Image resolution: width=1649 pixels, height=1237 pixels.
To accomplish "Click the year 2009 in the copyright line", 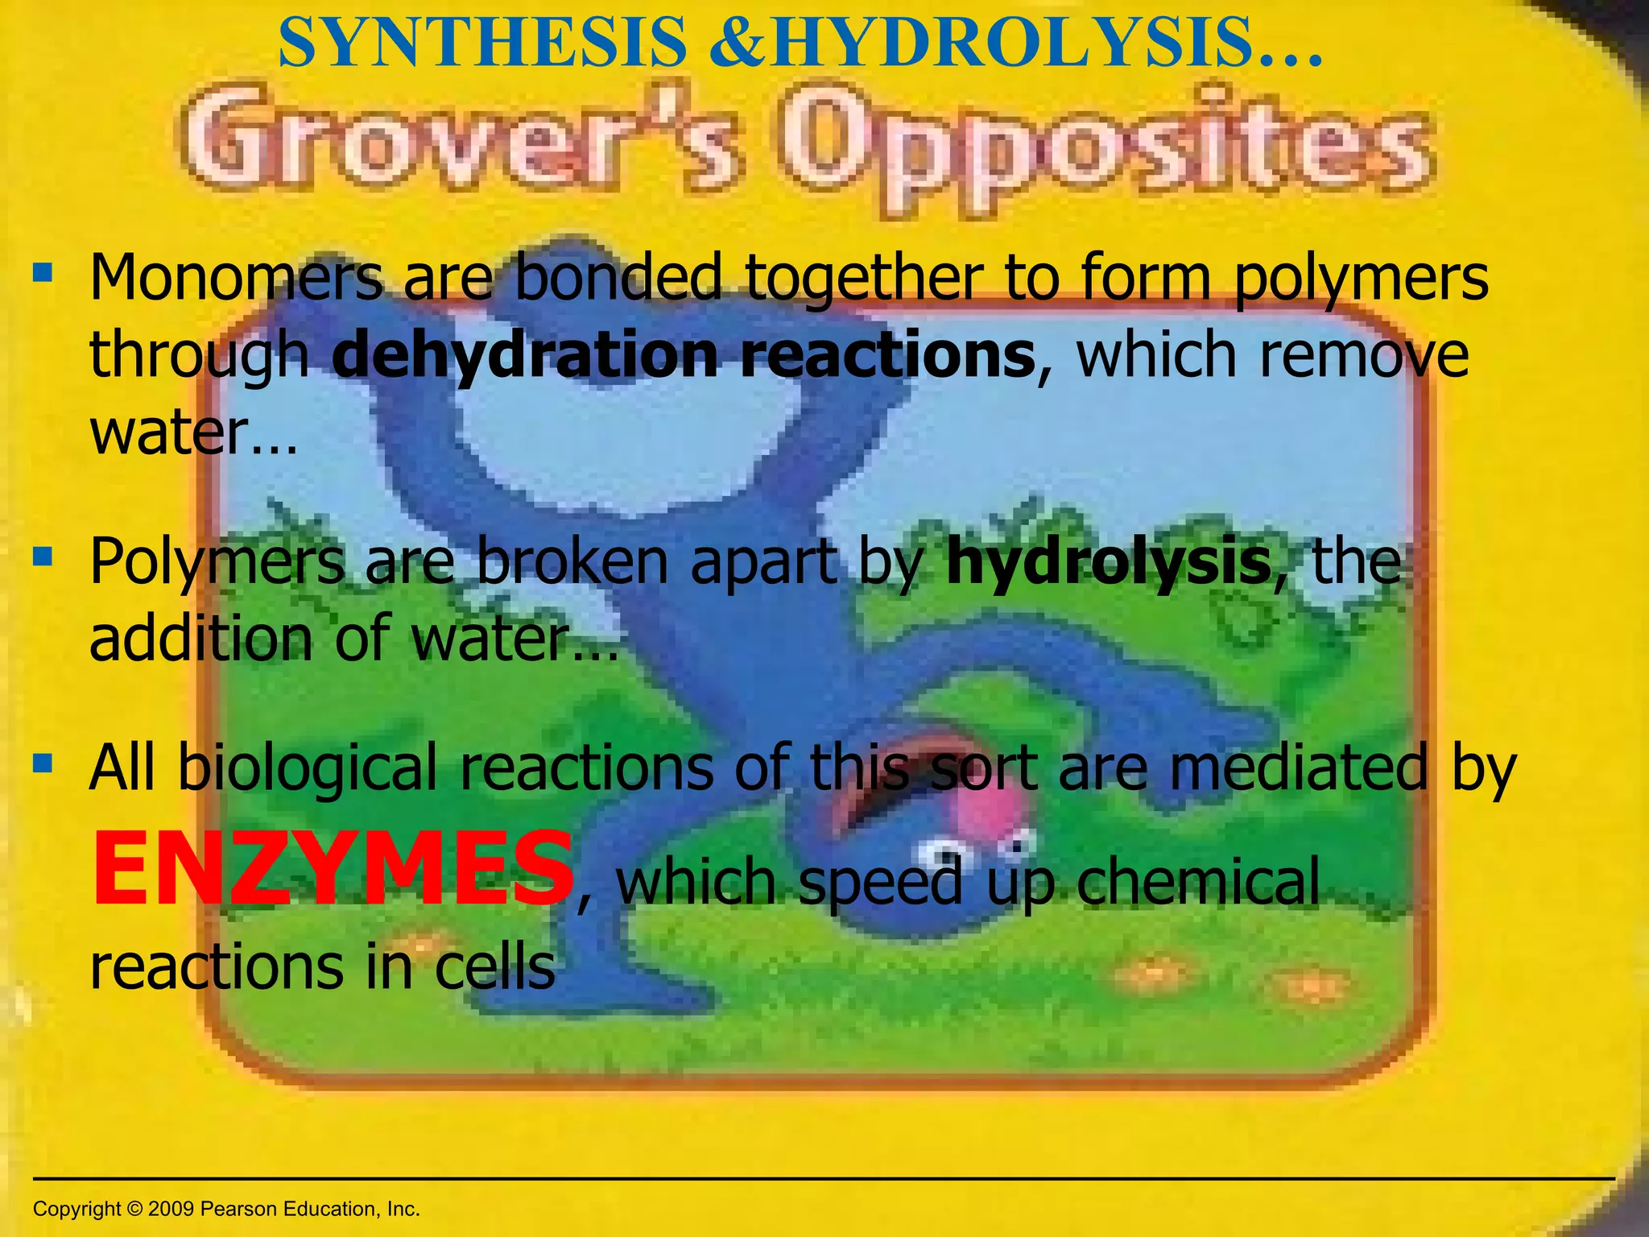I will (x=171, y=1209).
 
